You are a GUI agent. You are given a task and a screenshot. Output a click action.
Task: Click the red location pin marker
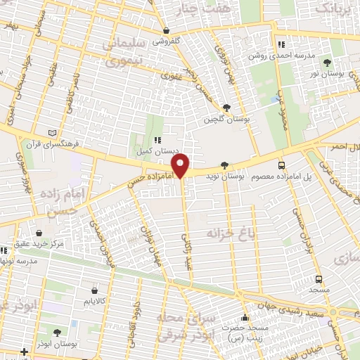pyautogui.click(x=181, y=166)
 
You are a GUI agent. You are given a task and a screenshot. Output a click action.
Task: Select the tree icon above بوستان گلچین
pyautogui.click(x=226, y=107)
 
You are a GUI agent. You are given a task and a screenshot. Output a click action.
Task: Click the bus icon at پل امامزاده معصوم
pyautogui.click(x=281, y=165)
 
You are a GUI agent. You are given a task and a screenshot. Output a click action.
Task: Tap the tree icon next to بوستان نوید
pyautogui.click(x=224, y=166)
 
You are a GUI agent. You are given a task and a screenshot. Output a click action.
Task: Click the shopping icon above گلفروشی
pyautogui.click(x=166, y=31)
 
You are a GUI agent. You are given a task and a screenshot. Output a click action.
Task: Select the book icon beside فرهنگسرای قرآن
pyautogui.click(x=51, y=133)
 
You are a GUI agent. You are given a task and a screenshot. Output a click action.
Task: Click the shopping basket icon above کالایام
pyautogui.click(x=94, y=290)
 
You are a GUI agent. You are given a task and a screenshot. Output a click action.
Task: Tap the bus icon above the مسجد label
pyautogui.click(x=319, y=278)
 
